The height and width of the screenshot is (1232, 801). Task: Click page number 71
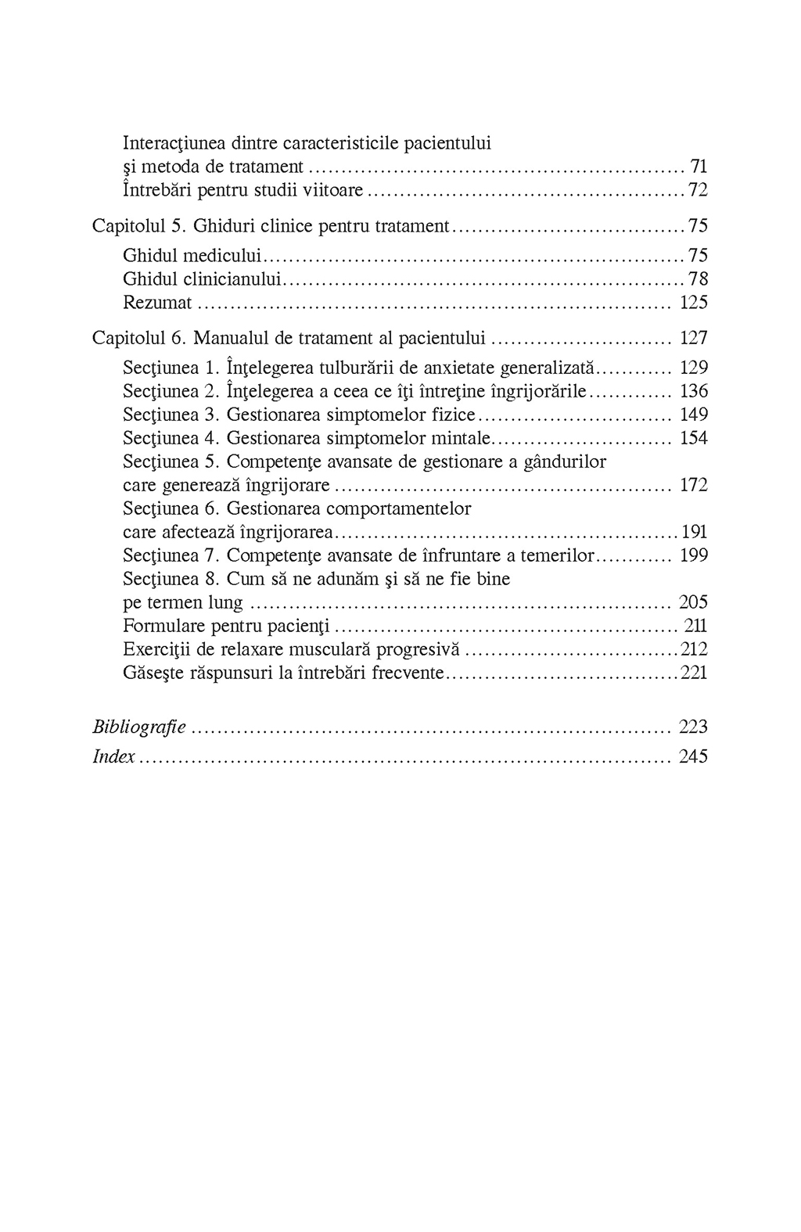(699, 167)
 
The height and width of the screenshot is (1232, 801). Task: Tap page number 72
(698, 190)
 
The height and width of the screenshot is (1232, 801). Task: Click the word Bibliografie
(139, 727)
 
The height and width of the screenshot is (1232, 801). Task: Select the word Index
(114, 757)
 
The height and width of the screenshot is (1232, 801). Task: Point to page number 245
(694, 757)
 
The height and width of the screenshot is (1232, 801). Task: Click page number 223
(694, 727)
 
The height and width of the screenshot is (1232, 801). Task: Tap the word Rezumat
(157, 303)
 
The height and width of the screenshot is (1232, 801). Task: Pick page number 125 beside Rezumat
(694, 303)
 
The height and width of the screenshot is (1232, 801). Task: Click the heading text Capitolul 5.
(138, 227)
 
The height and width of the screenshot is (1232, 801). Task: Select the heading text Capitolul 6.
(138, 339)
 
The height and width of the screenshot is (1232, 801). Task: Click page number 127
(694, 339)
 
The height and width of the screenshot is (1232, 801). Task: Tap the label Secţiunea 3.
(171, 415)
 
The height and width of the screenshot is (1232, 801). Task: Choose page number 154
(694, 438)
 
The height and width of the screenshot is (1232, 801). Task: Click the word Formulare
(160, 627)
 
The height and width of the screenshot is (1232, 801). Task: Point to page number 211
(695, 627)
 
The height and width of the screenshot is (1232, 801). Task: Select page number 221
(694, 673)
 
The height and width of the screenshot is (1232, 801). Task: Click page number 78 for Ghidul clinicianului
(698, 279)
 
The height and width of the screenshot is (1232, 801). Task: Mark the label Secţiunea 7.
(171, 556)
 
